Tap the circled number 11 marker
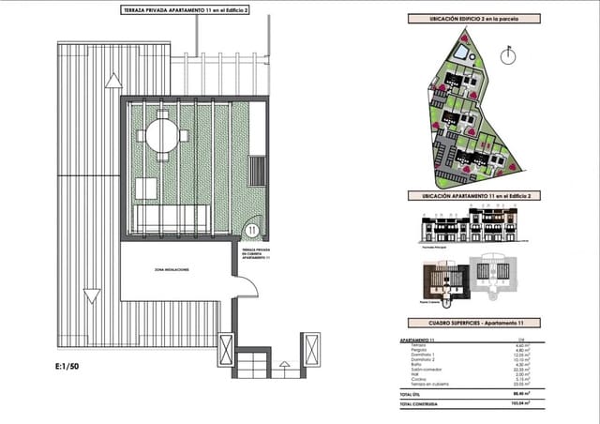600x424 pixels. [x=251, y=229]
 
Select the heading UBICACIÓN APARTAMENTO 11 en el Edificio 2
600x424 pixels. [x=470, y=195]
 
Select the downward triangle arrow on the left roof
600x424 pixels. [x=91, y=297]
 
